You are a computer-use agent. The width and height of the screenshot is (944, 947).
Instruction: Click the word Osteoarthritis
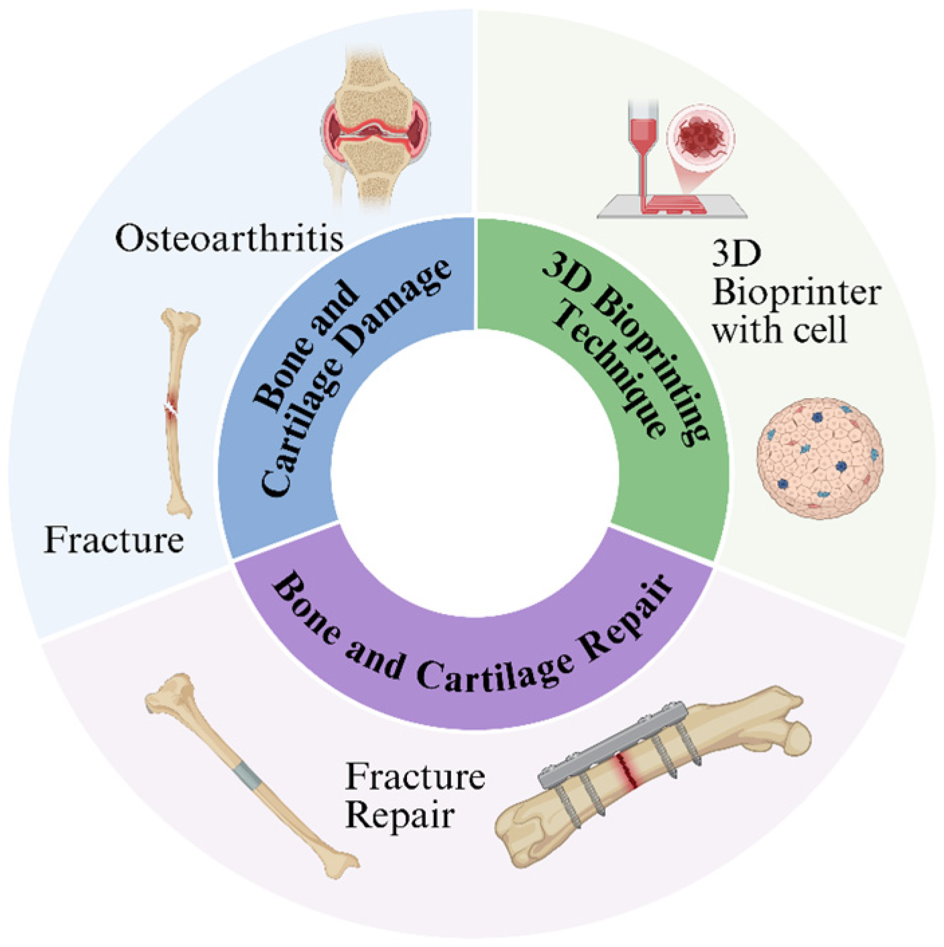click(229, 238)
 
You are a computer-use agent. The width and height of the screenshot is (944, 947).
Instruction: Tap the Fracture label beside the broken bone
click(114, 540)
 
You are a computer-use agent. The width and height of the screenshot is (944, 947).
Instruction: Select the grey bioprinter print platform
click(670, 213)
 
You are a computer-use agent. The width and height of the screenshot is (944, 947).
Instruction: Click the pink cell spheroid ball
click(819, 458)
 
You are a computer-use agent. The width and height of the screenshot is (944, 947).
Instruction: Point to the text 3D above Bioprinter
click(736, 254)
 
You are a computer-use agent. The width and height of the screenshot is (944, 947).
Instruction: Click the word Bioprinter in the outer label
click(796, 293)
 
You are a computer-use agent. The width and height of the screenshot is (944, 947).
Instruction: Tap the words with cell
click(779, 330)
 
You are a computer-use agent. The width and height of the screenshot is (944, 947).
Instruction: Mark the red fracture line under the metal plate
click(628, 769)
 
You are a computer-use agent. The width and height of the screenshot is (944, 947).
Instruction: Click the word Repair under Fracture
click(400, 816)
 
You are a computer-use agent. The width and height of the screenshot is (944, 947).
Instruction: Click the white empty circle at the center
click(474, 472)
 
